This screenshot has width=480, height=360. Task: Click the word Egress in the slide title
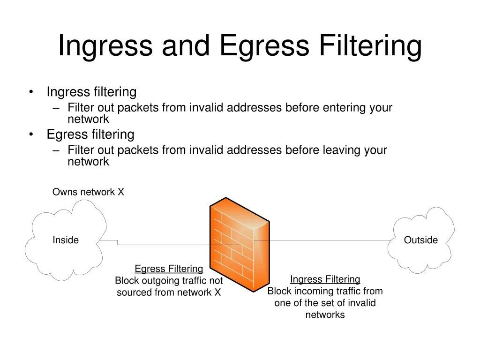(x=264, y=46)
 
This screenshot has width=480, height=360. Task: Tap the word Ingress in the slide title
(x=105, y=46)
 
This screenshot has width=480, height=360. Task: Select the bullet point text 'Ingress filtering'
(x=91, y=92)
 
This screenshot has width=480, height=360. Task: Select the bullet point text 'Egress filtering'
(x=90, y=135)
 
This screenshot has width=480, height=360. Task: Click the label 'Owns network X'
(x=88, y=192)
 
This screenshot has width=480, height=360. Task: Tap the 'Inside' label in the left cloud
(x=66, y=240)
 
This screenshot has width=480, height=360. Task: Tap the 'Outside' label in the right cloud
(x=420, y=240)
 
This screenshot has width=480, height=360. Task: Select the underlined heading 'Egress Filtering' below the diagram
(x=169, y=269)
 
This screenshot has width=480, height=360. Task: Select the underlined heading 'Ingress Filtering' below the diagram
(x=325, y=279)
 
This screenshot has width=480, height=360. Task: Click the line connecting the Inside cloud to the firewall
(x=164, y=244)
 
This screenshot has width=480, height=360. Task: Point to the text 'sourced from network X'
(x=169, y=292)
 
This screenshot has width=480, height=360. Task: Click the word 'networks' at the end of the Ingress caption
(x=325, y=315)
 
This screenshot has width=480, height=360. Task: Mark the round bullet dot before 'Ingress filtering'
(x=31, y=92)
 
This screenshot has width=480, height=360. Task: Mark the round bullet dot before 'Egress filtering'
(x=31, y=135)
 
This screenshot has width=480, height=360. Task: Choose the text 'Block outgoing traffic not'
(x=169, y=281)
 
